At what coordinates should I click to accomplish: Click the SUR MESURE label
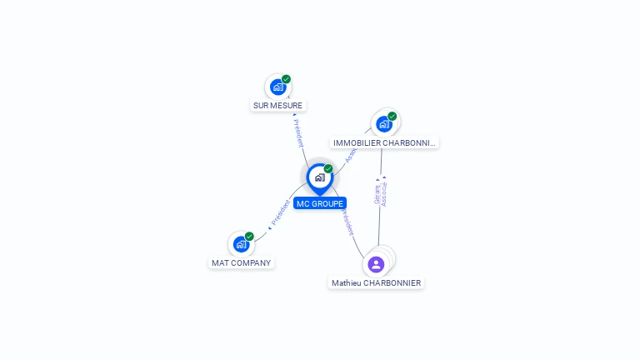[278, 106]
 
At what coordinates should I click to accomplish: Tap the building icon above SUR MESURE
[277, 87]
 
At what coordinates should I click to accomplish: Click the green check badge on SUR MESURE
[286, 79]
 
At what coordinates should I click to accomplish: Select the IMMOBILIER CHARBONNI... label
[384, 143]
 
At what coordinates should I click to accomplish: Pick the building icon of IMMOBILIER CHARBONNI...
[383, 124]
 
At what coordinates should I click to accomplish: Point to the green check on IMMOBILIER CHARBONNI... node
[392, 117]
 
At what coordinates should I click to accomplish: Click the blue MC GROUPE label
[319, 203]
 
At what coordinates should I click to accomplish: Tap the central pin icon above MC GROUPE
[319, 177]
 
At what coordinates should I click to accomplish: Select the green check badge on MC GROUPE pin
[328, 169]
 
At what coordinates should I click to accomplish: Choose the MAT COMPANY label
[242, 263]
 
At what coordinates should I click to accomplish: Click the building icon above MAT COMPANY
[241, 244]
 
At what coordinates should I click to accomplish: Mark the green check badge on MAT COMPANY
[249, 237]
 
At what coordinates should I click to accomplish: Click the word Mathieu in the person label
[347, 283]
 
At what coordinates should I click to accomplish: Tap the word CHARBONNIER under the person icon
[392, 283]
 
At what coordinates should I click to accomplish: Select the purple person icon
[376, 264]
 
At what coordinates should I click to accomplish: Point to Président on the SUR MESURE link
[298, 133]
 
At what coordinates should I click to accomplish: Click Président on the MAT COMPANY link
[282, 213]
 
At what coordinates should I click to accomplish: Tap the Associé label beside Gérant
[384, 192]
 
